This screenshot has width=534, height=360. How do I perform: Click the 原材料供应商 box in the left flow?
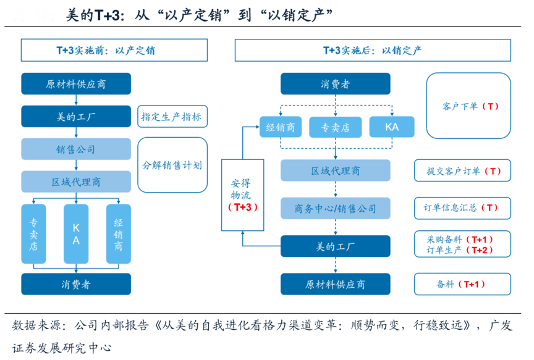(76, 83)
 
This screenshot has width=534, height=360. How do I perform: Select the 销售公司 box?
(76, 149)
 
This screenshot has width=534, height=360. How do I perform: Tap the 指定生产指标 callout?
(172, 116)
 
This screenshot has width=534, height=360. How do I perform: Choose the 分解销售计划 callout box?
(172, 165)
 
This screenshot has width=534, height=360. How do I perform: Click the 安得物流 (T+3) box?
(242, 195)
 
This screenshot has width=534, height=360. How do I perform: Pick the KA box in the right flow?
(392, 127)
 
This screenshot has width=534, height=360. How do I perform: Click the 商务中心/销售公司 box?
(336, 208)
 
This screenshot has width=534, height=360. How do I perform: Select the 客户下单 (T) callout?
(468, 106)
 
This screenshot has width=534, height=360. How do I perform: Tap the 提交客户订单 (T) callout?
(462, 171)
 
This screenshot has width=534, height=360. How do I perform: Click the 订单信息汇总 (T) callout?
(462, 208)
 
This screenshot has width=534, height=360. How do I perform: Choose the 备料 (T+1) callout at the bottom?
(462, 284)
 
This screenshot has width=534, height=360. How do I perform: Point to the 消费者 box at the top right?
(336, 83)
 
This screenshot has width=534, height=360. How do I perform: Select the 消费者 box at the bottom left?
(76, 284)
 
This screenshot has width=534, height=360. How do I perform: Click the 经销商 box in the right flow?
(280, 127)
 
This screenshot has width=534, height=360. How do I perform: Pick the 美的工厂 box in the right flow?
(336, 246)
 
